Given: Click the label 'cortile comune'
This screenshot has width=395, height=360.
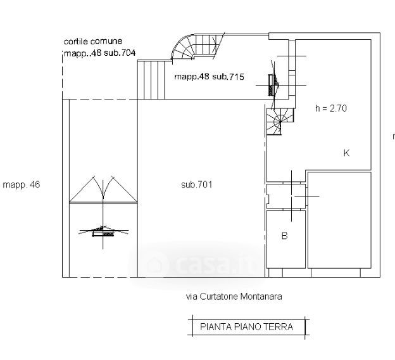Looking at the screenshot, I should tap(92, 41).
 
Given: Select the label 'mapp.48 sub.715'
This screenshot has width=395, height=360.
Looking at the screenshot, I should tap(209, 77).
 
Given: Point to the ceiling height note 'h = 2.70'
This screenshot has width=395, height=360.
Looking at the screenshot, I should tap(330, 108).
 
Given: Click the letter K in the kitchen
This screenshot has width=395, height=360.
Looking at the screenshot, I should tap(346, 153).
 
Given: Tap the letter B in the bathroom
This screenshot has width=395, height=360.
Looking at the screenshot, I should tap(284, 236).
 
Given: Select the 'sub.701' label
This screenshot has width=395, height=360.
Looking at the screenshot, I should tap(196, 185).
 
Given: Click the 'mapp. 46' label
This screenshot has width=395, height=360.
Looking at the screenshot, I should tap(21, 185).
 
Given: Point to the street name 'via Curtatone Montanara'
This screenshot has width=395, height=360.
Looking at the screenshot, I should tap(234, 296).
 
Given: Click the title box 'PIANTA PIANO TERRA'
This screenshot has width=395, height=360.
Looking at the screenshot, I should tap(246, 327).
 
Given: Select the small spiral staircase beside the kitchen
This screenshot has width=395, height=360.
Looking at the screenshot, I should tap(278, 120).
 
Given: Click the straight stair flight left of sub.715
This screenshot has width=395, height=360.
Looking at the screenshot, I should tap(151, 79).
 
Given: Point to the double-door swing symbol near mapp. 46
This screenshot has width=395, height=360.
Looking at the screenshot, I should tap(103, 189).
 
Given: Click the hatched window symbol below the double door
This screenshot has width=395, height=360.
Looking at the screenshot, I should tap(103, 233).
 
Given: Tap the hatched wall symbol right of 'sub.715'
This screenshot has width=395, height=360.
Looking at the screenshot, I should tap(273, 83).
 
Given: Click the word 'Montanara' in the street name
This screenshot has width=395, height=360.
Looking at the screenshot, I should tap(261, 296).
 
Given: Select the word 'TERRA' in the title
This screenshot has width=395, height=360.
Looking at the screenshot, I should tap(279, 327).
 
